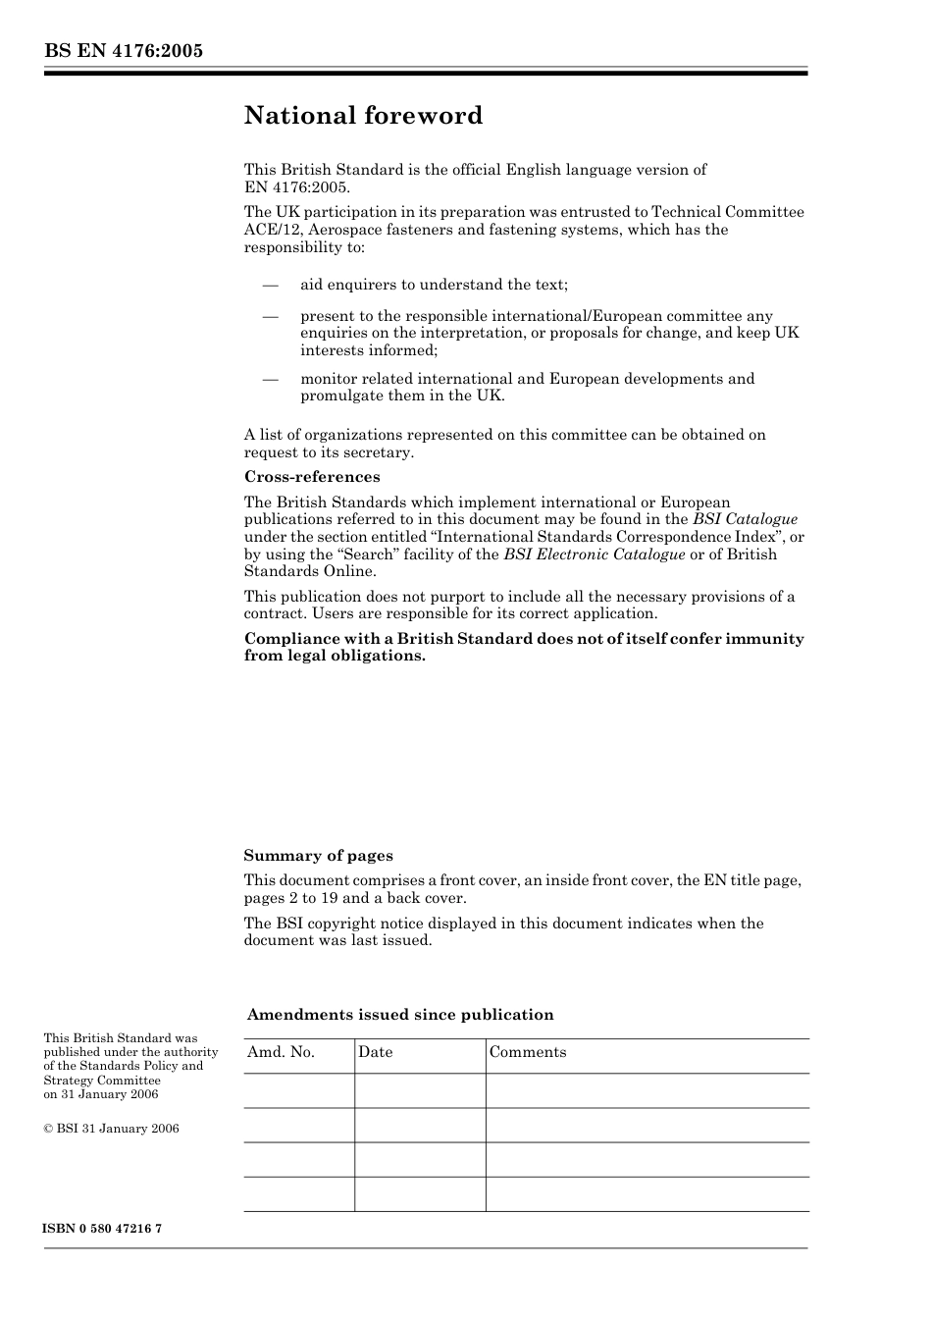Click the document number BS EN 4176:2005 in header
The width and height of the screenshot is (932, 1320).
point(123,50)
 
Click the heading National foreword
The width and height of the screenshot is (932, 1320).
point(363,116)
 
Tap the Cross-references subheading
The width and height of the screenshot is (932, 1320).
point(311,477)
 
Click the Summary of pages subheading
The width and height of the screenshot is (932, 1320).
point(318,856)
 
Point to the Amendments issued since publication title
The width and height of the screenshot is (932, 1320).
point(400,1015)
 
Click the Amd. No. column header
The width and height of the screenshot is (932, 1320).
point(281,1052)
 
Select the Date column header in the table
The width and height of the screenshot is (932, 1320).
point(375,1052)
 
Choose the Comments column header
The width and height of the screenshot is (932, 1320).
point(528,1052)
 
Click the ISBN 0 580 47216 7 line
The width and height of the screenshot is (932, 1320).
point(102,1229)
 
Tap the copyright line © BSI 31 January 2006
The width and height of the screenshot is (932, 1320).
point(111,1129)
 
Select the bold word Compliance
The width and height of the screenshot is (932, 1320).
point(285,639)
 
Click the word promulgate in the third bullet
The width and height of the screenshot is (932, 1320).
point(338,396)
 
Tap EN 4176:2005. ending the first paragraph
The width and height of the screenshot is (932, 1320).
point(296,186)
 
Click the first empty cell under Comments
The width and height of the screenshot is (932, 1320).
point(647,1090)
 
